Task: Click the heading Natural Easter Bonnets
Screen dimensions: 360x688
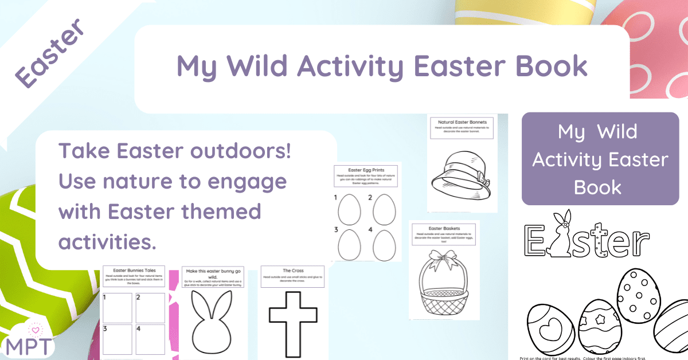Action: (x=462, y=122)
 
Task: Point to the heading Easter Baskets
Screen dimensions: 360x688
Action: (x=444, y=228)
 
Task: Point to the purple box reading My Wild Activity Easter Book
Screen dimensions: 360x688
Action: (x=600, y=159)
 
